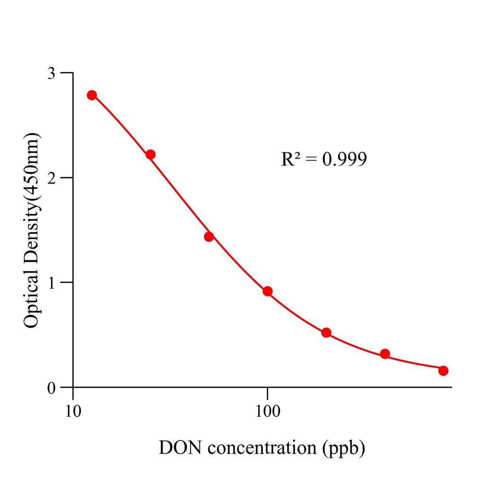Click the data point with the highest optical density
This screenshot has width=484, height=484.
coord(92,95)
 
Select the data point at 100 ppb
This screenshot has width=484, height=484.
coord(268,291)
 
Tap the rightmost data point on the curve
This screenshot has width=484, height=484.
coord(443,371)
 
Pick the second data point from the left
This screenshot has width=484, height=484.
coord(150,155)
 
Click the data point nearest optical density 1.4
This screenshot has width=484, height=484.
coord(209,237)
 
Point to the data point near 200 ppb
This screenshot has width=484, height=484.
coord(326,333)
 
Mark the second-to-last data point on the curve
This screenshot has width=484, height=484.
coord(385,354)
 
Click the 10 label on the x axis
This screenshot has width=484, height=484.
coord(73,409)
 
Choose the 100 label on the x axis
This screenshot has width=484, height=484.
coord(268,409)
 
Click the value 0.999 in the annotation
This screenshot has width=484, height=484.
coord(345,160)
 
